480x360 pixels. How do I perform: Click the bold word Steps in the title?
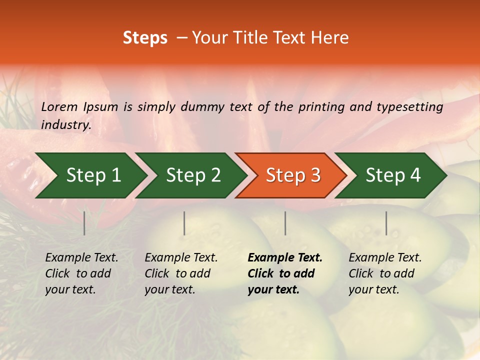[145, 38]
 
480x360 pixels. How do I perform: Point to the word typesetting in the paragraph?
[409, 106]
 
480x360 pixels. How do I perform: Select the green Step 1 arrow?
[90, 175]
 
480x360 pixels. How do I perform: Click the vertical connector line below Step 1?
[84, 223]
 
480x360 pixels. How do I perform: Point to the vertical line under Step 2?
[184, 223]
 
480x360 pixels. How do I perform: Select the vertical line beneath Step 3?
[285, 223]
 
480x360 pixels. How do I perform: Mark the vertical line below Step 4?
[386, 223]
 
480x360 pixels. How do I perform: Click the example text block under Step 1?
[81, 273]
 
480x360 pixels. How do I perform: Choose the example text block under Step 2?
[181, 273]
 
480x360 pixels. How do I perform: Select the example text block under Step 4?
[385, 273]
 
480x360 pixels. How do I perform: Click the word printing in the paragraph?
[322, 106]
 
